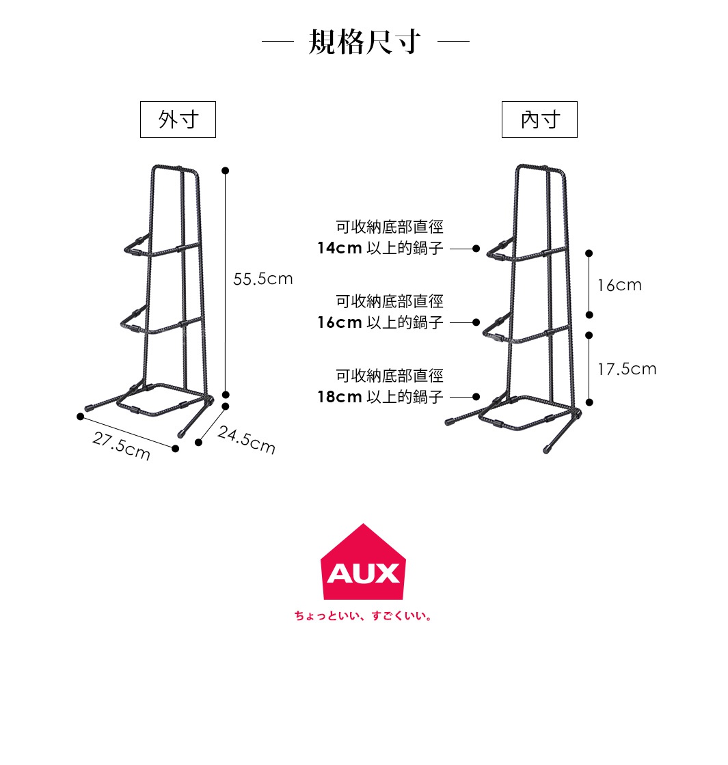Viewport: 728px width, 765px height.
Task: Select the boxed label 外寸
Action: point(178,120)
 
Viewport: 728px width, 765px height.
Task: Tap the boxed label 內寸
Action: point(539,120)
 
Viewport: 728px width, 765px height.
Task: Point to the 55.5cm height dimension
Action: point(263,279)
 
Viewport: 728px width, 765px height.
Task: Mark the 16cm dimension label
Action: point(619,285)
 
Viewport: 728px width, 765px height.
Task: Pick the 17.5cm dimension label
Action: point(627,370)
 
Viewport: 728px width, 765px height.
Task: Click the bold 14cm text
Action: point(339,248)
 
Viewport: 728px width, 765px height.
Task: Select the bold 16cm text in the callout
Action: point(339,322)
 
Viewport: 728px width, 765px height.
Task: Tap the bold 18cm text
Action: point(339,397)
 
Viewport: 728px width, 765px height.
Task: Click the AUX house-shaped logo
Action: point(363,564)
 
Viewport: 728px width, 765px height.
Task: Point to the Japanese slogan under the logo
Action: point(363,616)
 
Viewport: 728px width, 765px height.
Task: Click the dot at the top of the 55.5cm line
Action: point(226,170)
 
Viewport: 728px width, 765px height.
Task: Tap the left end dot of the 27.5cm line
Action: point(80,416)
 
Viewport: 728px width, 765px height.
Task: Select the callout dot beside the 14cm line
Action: point(476,248)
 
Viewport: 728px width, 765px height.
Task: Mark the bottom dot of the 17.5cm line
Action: point(589,402)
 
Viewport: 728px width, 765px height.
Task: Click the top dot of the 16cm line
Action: point(589,253)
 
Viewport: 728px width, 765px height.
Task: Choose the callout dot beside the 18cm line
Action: point(476,397)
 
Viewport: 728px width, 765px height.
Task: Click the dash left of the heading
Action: point(278,42)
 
